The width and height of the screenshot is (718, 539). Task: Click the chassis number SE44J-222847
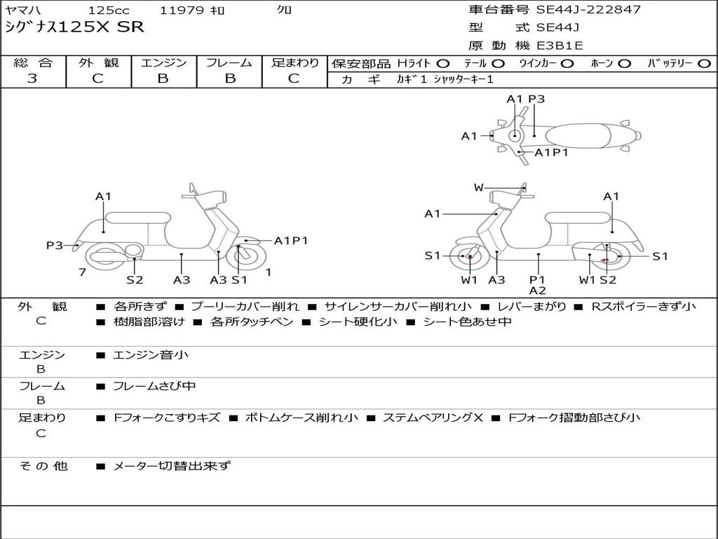coord(588,10)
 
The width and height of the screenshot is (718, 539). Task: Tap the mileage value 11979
coord(182,11)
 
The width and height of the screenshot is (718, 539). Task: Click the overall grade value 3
coord(32,79)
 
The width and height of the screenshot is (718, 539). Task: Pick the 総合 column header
coord(33,63)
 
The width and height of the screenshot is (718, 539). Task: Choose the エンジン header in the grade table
coord(163,63)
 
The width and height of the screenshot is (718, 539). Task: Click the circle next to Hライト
coord(443,64)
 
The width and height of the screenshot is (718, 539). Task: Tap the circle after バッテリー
coord(704,64)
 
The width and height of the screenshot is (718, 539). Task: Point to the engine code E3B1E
coord(560,46)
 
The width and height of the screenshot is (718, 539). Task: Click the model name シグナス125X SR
coord(74,27)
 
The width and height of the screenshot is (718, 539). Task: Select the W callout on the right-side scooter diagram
coord(478,187)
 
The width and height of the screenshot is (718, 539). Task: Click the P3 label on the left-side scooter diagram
coord(54,245)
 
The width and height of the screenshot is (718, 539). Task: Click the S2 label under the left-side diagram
coord(135,280)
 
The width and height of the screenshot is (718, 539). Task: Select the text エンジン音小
coord(151,355)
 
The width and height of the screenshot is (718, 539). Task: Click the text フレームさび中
coord(154,386)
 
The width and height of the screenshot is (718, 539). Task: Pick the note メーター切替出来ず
coord(172,465)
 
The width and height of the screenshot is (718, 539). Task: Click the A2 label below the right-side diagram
coord(537,291)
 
